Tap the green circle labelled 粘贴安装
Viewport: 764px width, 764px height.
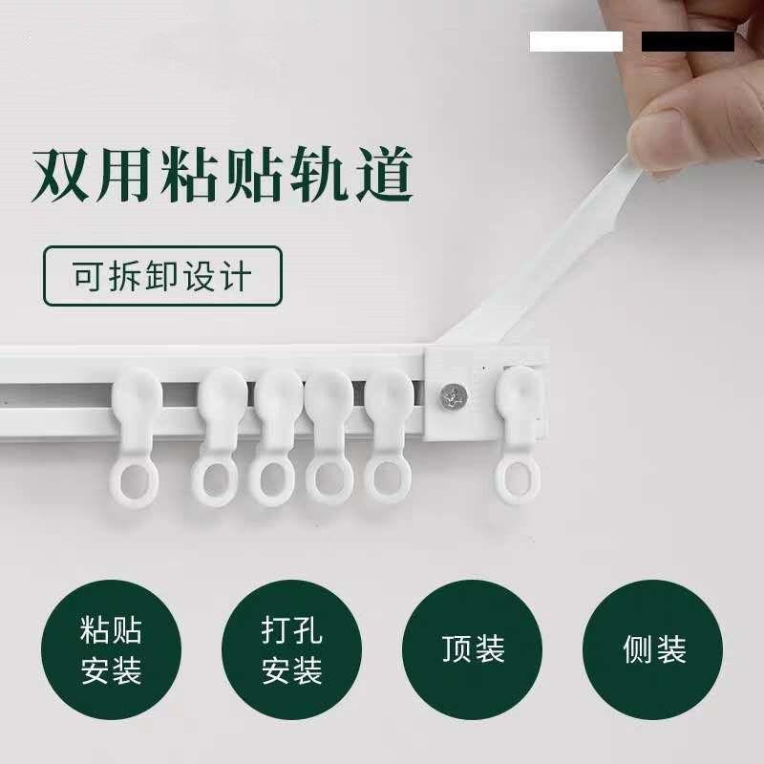112,650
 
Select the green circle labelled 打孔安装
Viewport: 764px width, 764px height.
292,650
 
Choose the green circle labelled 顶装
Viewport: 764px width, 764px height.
474,650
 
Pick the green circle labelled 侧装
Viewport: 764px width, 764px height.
654,650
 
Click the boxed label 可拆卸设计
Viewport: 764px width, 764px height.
163,276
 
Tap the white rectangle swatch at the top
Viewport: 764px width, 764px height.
576,41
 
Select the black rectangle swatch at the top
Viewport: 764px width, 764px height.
688,41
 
